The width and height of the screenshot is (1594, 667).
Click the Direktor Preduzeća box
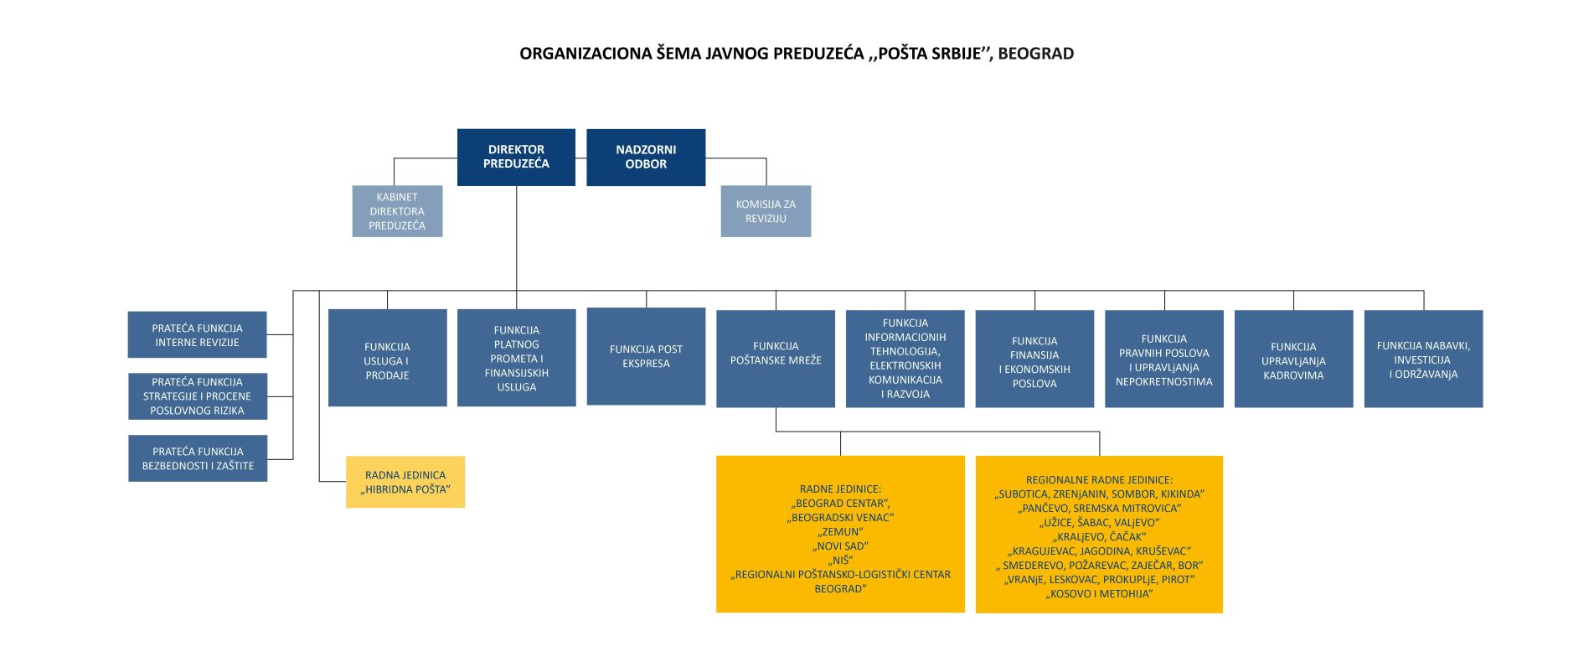516,157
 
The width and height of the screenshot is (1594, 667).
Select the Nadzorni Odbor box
646,157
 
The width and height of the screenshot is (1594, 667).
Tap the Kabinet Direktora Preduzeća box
397,211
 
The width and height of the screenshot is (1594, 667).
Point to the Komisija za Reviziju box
766,211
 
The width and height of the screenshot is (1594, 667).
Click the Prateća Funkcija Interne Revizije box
198,335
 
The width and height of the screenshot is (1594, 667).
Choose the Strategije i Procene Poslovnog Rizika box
198,396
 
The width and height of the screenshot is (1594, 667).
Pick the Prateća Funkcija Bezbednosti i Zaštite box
198,458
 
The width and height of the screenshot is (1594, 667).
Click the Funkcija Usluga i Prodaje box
387,359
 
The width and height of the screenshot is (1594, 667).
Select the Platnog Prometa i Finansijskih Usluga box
517,359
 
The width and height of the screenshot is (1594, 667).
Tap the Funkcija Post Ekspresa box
646,357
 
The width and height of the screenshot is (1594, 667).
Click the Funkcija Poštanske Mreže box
776,359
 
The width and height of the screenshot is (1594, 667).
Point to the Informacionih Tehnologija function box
905,359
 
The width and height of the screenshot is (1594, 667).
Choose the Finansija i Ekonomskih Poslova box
1034,359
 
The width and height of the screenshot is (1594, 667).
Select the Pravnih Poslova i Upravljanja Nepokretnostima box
1164,359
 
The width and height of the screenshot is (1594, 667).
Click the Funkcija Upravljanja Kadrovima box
1293,359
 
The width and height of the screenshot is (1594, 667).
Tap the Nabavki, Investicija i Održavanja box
1423,359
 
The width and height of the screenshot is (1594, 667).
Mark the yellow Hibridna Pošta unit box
405,482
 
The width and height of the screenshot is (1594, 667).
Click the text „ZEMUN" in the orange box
840,532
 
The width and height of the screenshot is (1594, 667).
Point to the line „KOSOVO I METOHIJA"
1099,594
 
